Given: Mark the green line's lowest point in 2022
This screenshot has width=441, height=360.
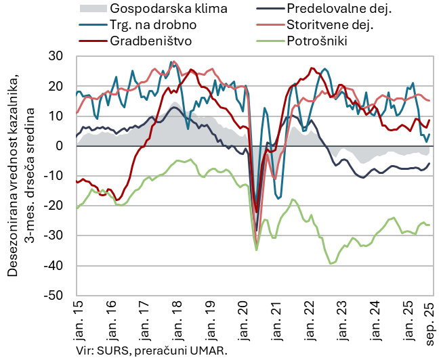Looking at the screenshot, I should click(331, 263).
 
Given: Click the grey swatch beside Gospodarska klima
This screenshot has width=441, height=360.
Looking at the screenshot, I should click(93, 9).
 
